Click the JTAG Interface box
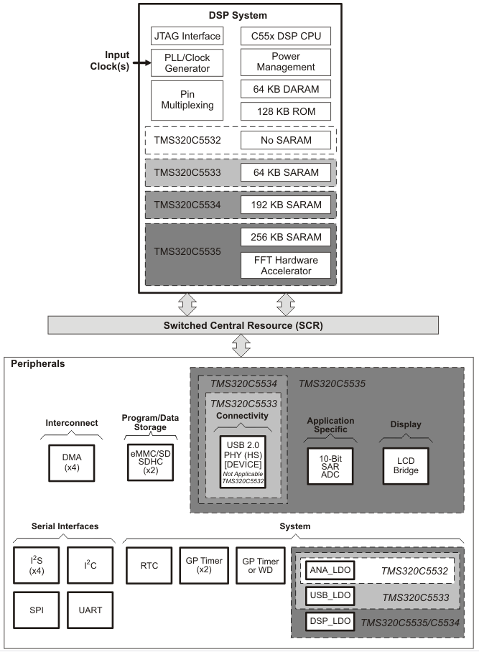(187, 35)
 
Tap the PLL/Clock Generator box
(187, 62)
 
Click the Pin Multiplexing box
(187, 100)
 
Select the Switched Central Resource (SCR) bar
(238, 325)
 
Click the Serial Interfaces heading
(66, 526)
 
